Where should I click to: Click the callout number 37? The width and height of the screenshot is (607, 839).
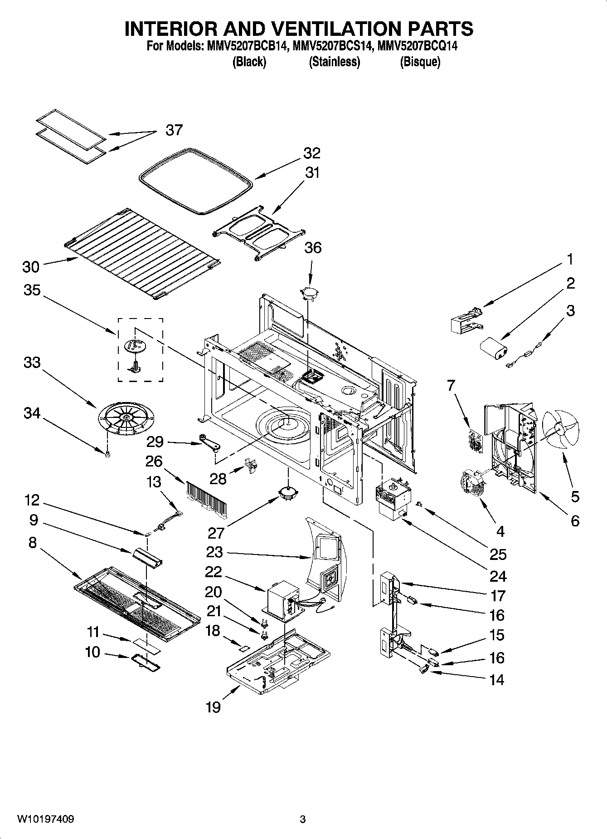tap(174, 130)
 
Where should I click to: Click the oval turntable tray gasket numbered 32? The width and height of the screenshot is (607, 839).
tap(195, 180)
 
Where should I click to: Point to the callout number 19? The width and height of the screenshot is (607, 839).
tap(213, 707)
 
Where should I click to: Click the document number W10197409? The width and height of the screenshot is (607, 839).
tap(46, 819)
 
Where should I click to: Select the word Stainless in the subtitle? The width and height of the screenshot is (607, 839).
tap(335, 62)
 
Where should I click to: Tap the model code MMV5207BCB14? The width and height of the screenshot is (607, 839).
tap(247, 46)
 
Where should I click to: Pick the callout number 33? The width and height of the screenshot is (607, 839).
tap(32, 363)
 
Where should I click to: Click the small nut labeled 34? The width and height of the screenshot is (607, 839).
tap(107, 454)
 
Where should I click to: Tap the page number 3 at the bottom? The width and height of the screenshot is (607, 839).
tap(303, 819)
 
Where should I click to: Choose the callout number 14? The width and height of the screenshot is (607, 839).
tap(497, 680)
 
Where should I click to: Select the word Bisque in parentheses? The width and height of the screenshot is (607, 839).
tap(420, 62)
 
